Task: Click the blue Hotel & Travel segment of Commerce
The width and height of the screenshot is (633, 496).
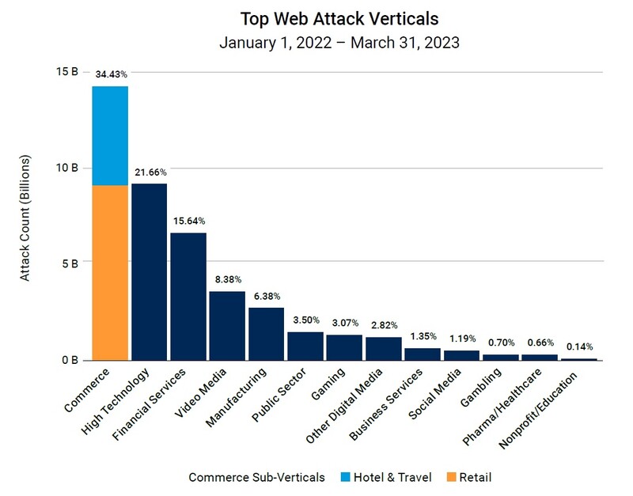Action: click(110, 135)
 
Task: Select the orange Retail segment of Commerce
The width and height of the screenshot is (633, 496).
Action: click(110, 272)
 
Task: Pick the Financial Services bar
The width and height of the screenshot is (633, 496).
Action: click(188, 296)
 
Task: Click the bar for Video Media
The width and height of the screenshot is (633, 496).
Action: click(227, 325)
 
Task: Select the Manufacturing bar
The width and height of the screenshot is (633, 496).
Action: click(266, 333)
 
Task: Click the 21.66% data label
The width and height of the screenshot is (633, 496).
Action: click(149, 172)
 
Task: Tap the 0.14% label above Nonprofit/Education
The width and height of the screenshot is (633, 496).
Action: click(579, 346)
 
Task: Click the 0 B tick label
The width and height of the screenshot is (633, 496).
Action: click(70, 361)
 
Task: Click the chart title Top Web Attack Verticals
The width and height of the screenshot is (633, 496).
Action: click(339, 17)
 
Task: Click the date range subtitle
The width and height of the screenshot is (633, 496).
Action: click(339, 42)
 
